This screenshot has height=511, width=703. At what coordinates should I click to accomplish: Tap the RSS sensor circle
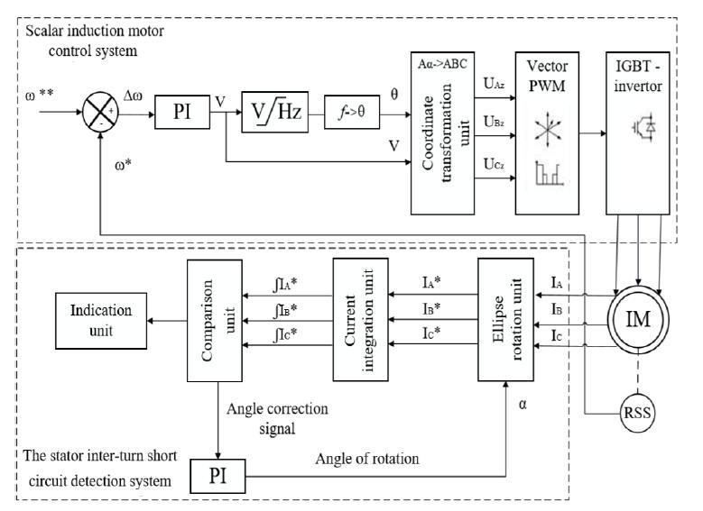(x=634, y=414)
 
